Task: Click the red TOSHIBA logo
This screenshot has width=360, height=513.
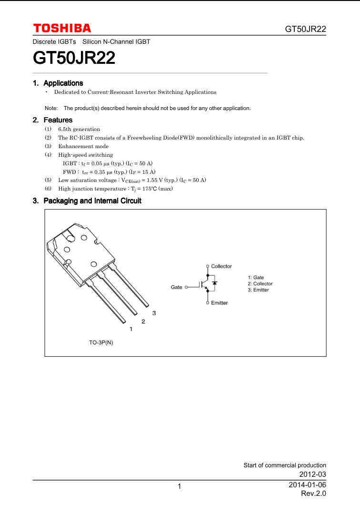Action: (x=62, y=28)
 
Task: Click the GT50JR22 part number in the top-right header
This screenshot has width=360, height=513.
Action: (x=305, y=29)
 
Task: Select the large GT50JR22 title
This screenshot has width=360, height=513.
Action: (x=74, y=59)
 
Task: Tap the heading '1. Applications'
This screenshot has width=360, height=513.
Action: (x=58, y=83)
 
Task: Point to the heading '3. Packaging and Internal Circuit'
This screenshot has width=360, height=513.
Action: (x=87, y=201)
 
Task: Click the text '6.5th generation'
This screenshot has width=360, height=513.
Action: (x=79, y=129)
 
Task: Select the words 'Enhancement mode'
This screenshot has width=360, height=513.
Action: (x=83, y=146)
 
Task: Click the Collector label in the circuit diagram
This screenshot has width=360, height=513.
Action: (x=221, y=266)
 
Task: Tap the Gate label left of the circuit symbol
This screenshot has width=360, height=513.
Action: (x=177, y=287)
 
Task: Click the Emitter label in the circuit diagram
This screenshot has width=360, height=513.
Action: (x=220, y=303)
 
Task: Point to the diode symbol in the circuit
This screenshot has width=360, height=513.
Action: (x=215, y=283)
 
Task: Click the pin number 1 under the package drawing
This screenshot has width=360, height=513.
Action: (x=131, y=329)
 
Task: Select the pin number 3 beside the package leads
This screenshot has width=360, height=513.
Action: (x=154, y=313)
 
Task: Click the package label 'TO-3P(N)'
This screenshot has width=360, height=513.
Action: (x=101, y=343)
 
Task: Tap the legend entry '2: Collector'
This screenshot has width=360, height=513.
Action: (x=260, y=284)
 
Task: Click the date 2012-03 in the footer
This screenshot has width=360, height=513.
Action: (x=312, y=475)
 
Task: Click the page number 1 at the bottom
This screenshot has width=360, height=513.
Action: (x=180, y=486)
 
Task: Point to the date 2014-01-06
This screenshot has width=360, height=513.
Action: (x=307, y=485)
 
